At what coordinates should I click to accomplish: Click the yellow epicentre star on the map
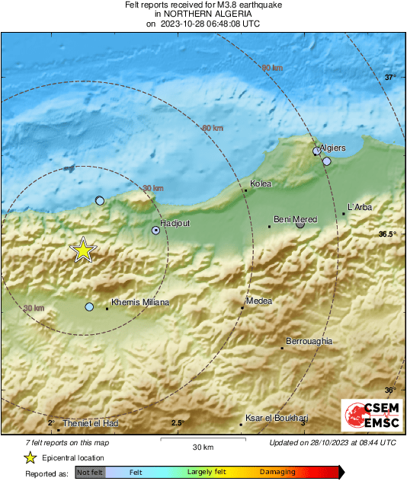point(82,250)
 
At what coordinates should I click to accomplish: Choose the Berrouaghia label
point(309,342)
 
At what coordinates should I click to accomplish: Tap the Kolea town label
point(261,184)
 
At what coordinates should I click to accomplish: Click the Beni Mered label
point(295,218)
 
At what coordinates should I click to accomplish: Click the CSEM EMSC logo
point(370,415)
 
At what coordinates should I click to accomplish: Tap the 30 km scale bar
point(202,441)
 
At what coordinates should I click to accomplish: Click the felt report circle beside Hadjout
point(156,230)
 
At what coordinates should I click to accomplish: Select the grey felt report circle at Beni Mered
point(300,225)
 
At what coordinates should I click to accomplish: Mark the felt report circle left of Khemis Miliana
point(89,307)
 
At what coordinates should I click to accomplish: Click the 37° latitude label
point(389,78)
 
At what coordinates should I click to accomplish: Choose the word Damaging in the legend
point(277,472)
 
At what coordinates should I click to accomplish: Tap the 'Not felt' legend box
point(91,473)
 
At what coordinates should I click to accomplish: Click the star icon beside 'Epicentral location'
point(30,457)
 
